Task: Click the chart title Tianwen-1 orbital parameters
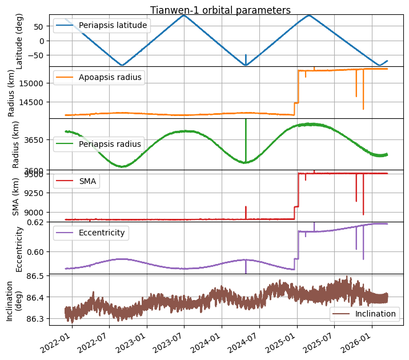pyautogui.click(x=220, y=10)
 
